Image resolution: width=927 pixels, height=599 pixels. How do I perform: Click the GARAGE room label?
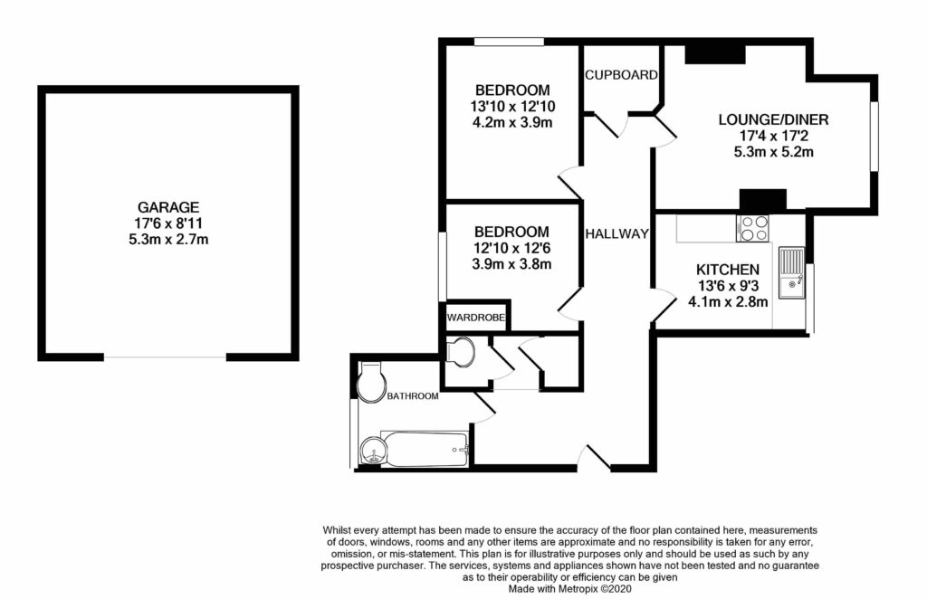pos(168,207)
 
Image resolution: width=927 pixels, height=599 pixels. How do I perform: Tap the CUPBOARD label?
pos(621,75)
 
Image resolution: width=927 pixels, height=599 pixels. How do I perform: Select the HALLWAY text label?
pos(617,234)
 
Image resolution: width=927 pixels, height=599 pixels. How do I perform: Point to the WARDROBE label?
pos(474,319)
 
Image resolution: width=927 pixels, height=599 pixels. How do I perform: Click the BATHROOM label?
pos(413,396)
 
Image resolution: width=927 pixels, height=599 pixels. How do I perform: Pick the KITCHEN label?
pos(727,270)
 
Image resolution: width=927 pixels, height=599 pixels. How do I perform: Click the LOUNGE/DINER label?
pos(773,119)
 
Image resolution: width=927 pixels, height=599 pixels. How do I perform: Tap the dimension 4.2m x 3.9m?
pos(512,123)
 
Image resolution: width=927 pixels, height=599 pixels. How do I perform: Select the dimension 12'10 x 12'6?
pos(512,248)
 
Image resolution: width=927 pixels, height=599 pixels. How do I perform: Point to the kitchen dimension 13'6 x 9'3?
pos(727,286)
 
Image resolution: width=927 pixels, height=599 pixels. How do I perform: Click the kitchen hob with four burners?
pos(754,229)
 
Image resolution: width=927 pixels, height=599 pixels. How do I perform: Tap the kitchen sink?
pos(792,271)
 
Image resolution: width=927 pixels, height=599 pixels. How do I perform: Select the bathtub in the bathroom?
pos(425,448)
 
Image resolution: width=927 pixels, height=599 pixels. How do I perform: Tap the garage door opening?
pos(166,357)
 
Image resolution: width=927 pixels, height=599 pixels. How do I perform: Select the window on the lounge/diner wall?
pos(874,135)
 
